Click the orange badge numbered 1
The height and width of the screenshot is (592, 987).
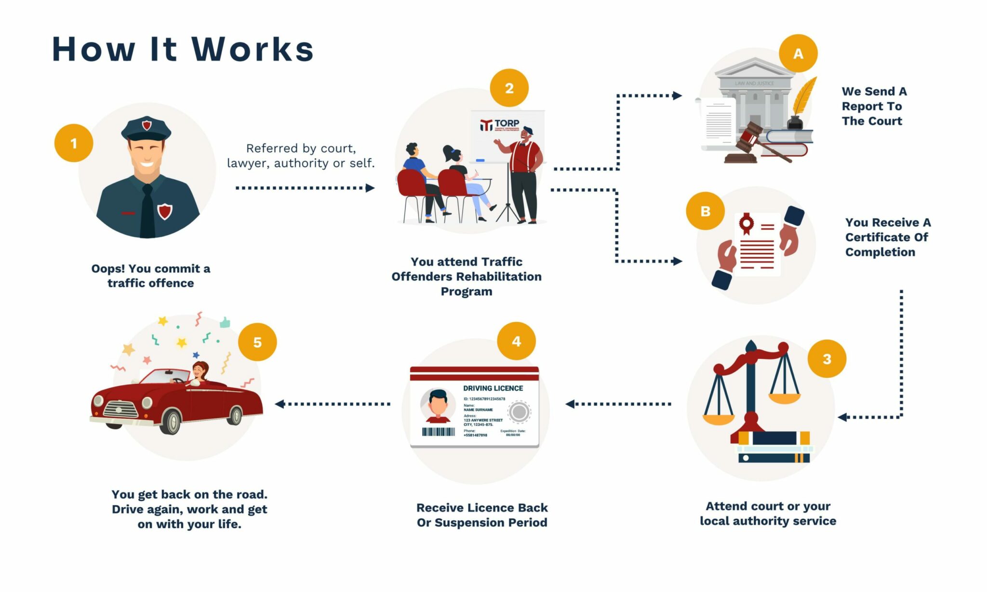[73, 143]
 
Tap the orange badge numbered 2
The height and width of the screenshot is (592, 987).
[509, 88]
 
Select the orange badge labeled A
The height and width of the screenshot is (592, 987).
[798, 53]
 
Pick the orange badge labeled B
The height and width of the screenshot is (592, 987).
[705, 211]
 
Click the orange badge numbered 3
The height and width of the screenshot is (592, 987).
[827, 359]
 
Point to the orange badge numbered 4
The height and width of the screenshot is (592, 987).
[516, 342]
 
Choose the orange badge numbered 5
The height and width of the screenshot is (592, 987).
[257, 342]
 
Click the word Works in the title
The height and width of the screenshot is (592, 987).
[253, 49]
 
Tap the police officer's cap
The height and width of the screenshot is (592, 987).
[146, 128]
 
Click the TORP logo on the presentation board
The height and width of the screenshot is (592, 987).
[500, 125]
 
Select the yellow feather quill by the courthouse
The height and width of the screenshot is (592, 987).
[804, 96]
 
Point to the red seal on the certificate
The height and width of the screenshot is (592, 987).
[747, 223]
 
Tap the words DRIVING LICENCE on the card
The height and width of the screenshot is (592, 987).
[493, 388]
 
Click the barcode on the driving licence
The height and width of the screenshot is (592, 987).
[438, 432]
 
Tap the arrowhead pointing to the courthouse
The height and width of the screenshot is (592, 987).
[677, 95]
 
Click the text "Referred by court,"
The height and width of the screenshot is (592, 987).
[301, 148]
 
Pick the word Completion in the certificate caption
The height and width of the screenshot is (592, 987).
[880, 252]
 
